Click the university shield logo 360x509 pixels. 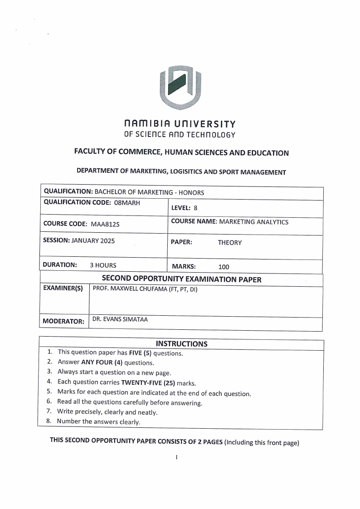point(180,88)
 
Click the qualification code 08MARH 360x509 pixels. point(126,203)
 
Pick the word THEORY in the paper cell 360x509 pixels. point(229,243)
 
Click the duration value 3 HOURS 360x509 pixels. point(103,265)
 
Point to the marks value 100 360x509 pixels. point(224,267)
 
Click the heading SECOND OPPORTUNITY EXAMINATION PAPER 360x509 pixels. point(181,279)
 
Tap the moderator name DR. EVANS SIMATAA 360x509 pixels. point(120,319)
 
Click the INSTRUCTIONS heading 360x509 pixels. point(181,344)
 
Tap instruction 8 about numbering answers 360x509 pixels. point(98,422)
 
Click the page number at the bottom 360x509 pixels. point(176,457)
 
